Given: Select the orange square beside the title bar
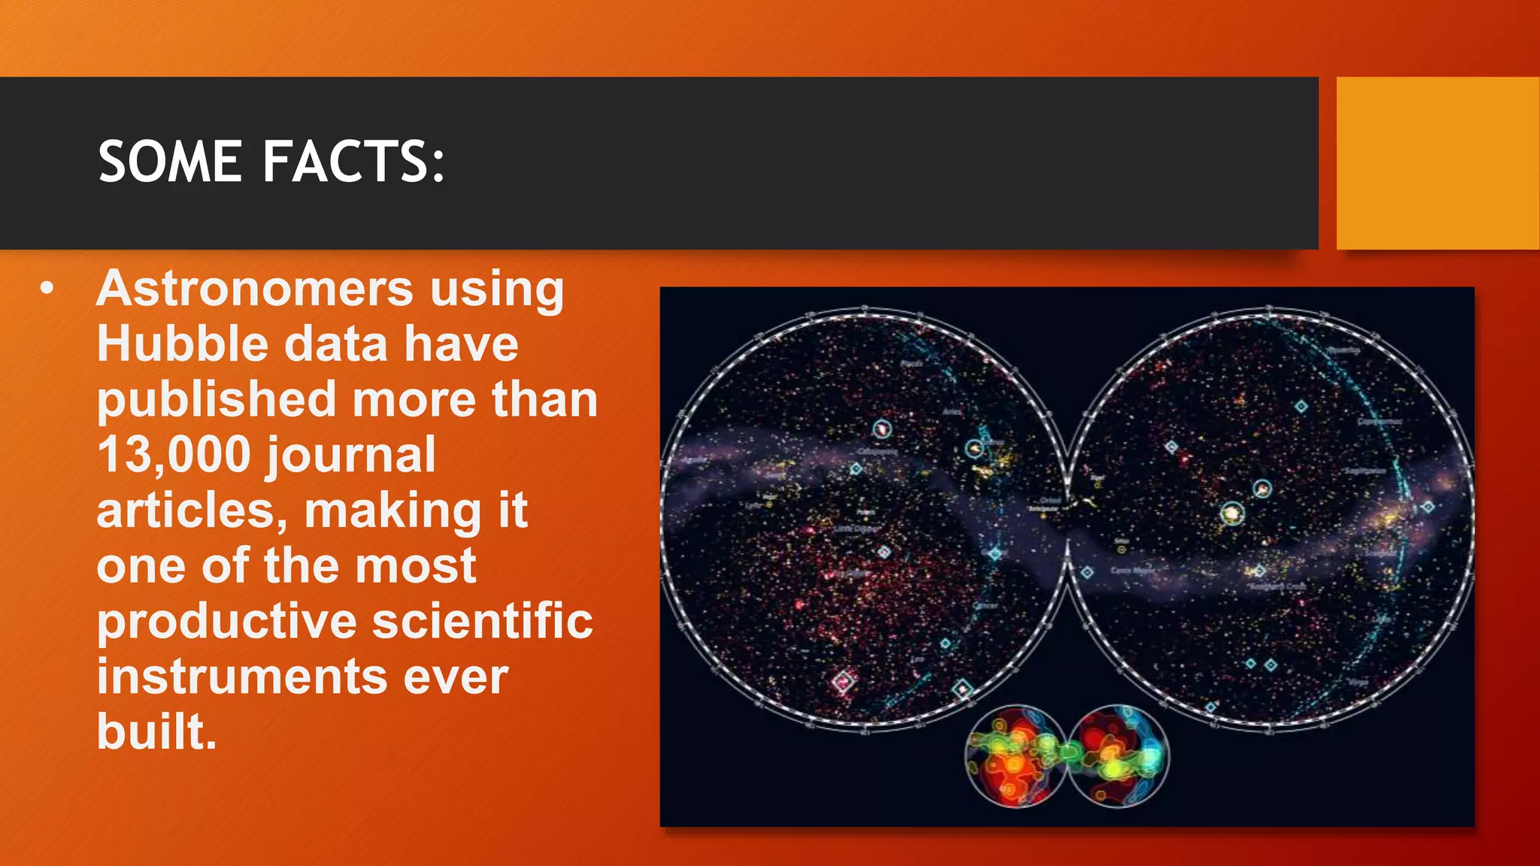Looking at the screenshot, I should (1437, 162).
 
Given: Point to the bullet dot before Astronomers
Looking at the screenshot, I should (47, 289).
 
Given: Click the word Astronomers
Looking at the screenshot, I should (255, 289).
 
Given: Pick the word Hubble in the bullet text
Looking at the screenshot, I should (182, 344).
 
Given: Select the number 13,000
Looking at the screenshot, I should (174, 455).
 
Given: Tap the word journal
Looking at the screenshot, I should (350, 455).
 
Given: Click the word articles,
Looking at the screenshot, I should (192, 510).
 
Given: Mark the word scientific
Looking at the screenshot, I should (483, 622).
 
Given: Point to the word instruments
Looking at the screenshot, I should (241, 677).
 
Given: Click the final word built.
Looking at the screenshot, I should (156, 731).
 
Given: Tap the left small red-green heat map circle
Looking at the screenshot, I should (1014, 755).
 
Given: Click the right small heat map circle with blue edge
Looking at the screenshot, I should (1119, 755).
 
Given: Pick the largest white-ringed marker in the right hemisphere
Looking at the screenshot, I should (1232, 514).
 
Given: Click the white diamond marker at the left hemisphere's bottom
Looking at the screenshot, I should (843, 682).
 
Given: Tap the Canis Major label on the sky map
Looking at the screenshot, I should (1132, 571).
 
